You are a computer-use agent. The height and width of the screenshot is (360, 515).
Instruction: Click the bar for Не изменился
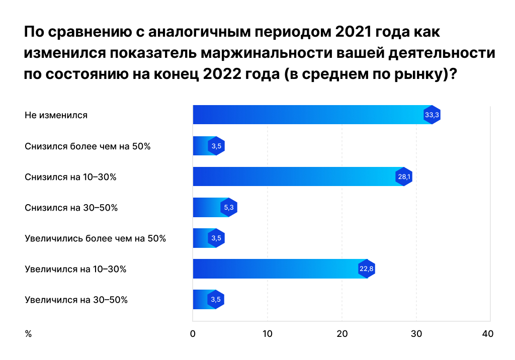(307, 115)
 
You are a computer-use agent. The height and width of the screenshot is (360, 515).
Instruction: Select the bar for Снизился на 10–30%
(294, 176)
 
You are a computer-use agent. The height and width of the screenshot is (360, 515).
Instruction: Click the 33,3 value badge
(432, 115)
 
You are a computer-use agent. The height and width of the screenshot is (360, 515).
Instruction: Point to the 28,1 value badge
(404, 176)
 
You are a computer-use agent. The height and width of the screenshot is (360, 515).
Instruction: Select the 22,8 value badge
(366, 269)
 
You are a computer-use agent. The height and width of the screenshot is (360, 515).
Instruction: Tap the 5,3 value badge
(229, 207)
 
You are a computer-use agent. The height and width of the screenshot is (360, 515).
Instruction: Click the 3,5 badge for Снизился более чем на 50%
(216, 146)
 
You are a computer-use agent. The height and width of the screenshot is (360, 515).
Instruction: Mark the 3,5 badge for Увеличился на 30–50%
(216, 300)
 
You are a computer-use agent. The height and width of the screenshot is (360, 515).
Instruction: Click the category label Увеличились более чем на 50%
(95, 238)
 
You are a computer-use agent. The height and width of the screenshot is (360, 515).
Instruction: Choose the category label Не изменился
(56, 115)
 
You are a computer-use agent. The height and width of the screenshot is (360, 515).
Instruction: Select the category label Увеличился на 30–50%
(76, 300)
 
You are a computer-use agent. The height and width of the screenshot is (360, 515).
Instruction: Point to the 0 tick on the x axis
(193, 334)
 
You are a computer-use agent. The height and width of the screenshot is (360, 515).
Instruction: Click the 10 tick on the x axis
(268, 334)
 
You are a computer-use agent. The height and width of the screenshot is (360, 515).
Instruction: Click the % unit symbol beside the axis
(28, 334)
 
